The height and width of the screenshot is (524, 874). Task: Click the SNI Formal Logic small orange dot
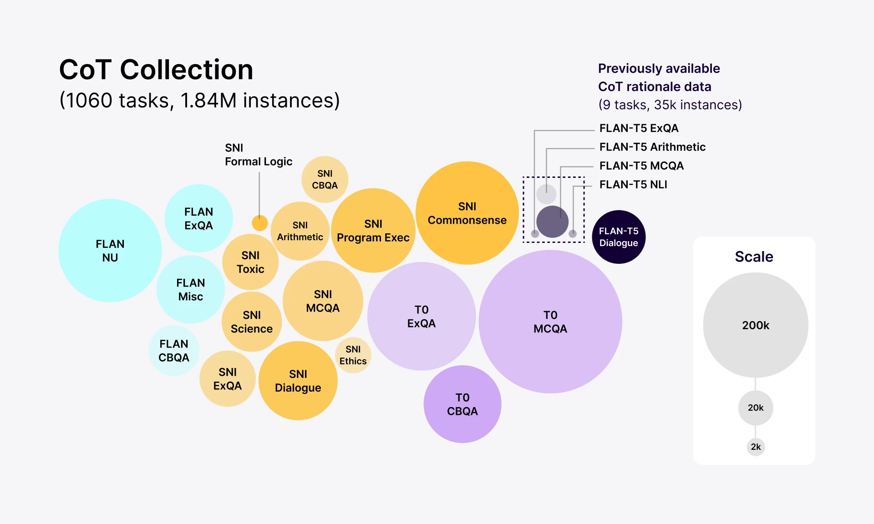pyautogui.click(x=259, y=223)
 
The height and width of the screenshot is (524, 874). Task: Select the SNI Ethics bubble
pyautogui.click(x=353, y=355)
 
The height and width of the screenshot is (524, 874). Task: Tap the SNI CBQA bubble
pyautogui.click(x=325, y=180)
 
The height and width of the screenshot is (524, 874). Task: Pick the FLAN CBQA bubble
pyautogui.click(x=174, y=351)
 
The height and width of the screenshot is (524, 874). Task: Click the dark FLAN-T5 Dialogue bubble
pyautogui.click(x=619, y=237)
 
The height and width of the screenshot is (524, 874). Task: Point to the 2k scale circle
pyautogui.click(x=756, y=447)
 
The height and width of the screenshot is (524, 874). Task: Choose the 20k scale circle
pyautogui.click(x=756, y=408)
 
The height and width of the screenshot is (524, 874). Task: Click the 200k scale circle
pyautogui.click(x=756, y=325)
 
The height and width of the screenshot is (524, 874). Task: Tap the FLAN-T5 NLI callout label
pyautogui.click(x=633, y=185)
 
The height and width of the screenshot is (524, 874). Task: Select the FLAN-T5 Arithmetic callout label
pyautogui.click(x=652, y=147)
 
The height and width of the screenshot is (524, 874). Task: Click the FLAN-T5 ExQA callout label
pyautogui.click(x=639, y=128)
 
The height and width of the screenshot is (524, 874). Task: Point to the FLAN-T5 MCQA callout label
pyautogui.click(x=641, y=166)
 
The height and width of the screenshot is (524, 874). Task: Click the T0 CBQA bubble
pyautogui.click(x=462, y=404)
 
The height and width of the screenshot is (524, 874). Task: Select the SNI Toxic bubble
pyautogui.click(x=250, y=262)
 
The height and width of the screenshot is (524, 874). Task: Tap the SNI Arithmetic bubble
pyautogui.click(x=300, y=231)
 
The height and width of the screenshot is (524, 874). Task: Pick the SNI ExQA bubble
pyautogui.click(x=228, y=379)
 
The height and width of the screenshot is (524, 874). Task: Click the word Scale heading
pyautogui.click(x=754, y=257)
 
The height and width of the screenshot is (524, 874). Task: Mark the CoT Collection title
pyautogui.click(x=156, y=70)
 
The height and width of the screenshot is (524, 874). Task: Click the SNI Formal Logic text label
pyautogui.click(x=258, y=155)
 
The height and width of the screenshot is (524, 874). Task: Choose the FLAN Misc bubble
pyautogui.click(x=191, y=290)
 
